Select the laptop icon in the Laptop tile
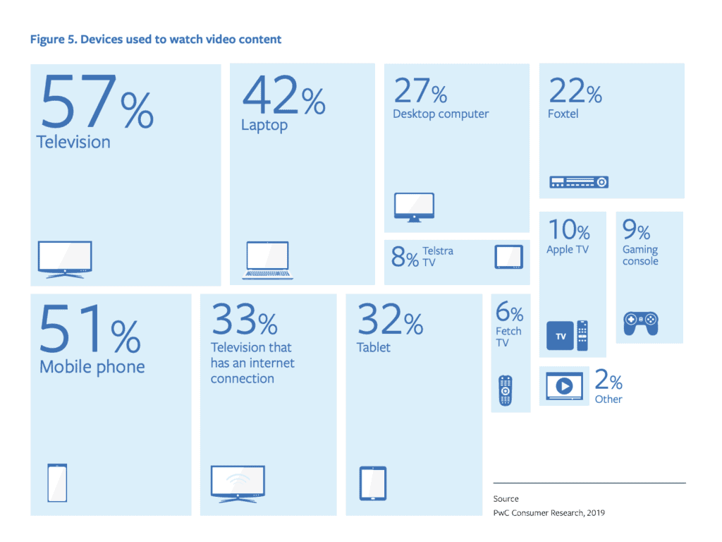[267, 260]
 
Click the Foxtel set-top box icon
[578, 182]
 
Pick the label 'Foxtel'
[563, 114]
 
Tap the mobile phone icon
[57, 482]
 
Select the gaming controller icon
[640, 323]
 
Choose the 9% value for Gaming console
[636, 229]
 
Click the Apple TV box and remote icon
[568, 336]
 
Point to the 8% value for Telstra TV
[405, 258]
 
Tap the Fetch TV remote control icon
[505, 390]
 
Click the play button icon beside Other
[564, 386]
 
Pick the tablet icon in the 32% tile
[373, 483]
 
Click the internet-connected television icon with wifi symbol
[238, 483]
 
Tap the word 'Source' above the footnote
[506, 499]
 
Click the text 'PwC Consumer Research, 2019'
[549, 513]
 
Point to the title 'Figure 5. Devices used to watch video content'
[155, 40]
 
